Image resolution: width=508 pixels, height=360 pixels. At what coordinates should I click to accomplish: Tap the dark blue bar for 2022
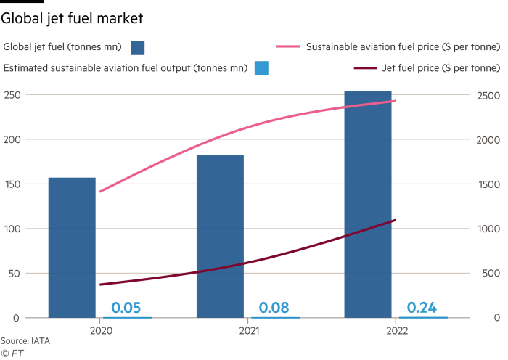point(368,204)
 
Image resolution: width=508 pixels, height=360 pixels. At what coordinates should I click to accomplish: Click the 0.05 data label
point(126,308)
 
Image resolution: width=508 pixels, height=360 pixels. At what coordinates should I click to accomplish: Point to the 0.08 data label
point(274,308)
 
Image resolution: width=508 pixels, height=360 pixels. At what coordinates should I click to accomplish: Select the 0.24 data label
point(422,308)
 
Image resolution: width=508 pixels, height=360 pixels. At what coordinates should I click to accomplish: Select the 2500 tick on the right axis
point(490,95)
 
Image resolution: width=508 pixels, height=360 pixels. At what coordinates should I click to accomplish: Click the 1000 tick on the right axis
point(490,229)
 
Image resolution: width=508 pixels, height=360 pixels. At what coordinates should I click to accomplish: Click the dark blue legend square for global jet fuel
point(138,48)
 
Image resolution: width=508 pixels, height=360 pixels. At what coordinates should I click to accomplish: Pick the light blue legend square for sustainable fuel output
point(262,68)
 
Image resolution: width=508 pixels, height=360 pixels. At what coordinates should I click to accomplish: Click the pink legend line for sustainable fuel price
point(289,48)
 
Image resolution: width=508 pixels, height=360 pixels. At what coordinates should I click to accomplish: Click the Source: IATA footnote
point(20,340)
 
